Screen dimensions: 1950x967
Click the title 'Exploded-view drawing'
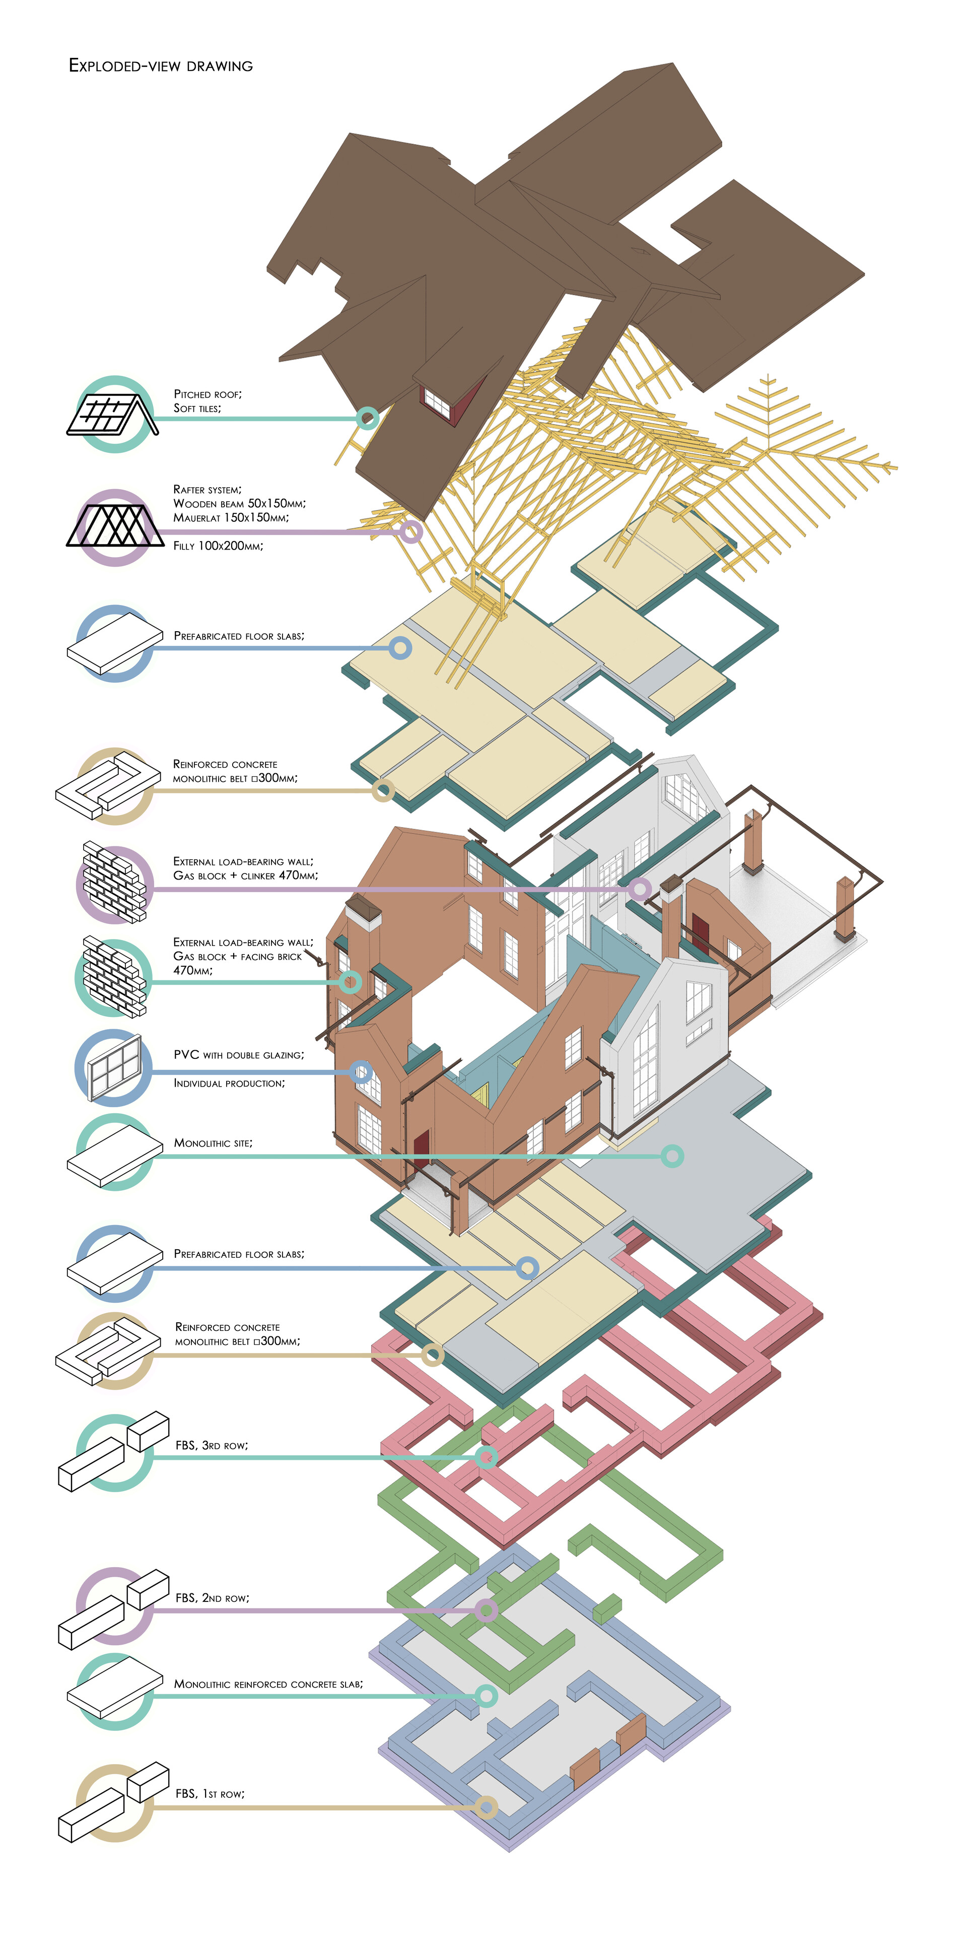click(x=160, y=66)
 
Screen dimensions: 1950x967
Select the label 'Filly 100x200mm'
click(x=218, y=546)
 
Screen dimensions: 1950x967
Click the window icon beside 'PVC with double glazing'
click(x=114, y=1067)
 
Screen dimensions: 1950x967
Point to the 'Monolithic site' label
click(x=213, y=1143)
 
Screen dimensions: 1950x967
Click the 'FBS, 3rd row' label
click(x=211, y=1445)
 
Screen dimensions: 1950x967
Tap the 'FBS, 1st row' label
click(x=210, y=1793)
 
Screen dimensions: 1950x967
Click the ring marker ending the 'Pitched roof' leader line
click(x=367, y=418)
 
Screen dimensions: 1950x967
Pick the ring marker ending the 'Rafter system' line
click(x=410, y=532)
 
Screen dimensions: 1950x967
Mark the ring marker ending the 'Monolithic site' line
click(x=672, y=1156)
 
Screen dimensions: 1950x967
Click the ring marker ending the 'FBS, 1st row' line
click(x=487, y=1807)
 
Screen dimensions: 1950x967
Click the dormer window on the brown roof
click(x=437, y=401)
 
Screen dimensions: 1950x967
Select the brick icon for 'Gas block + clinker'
click(x=113, y=884)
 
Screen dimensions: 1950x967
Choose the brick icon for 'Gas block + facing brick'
click(x=113, y=977)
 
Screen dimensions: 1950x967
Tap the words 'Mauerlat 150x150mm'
click(x=231, y=518)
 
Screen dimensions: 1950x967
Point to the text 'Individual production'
click(x=229, y=1083)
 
